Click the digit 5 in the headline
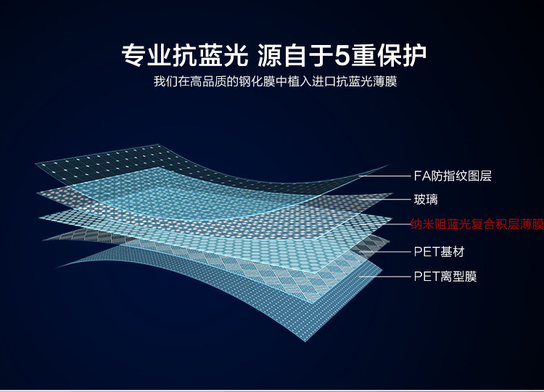[x=344, y=54]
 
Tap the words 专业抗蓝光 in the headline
[x=184, y=54]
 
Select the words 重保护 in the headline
[x=390, y=54]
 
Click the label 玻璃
[x=426, y=199]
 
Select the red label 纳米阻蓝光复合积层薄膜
[x=477, y=224]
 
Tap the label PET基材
[x=438, y=252]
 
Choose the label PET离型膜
[x=445, y=276]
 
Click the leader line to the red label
[x=395, y=224]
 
